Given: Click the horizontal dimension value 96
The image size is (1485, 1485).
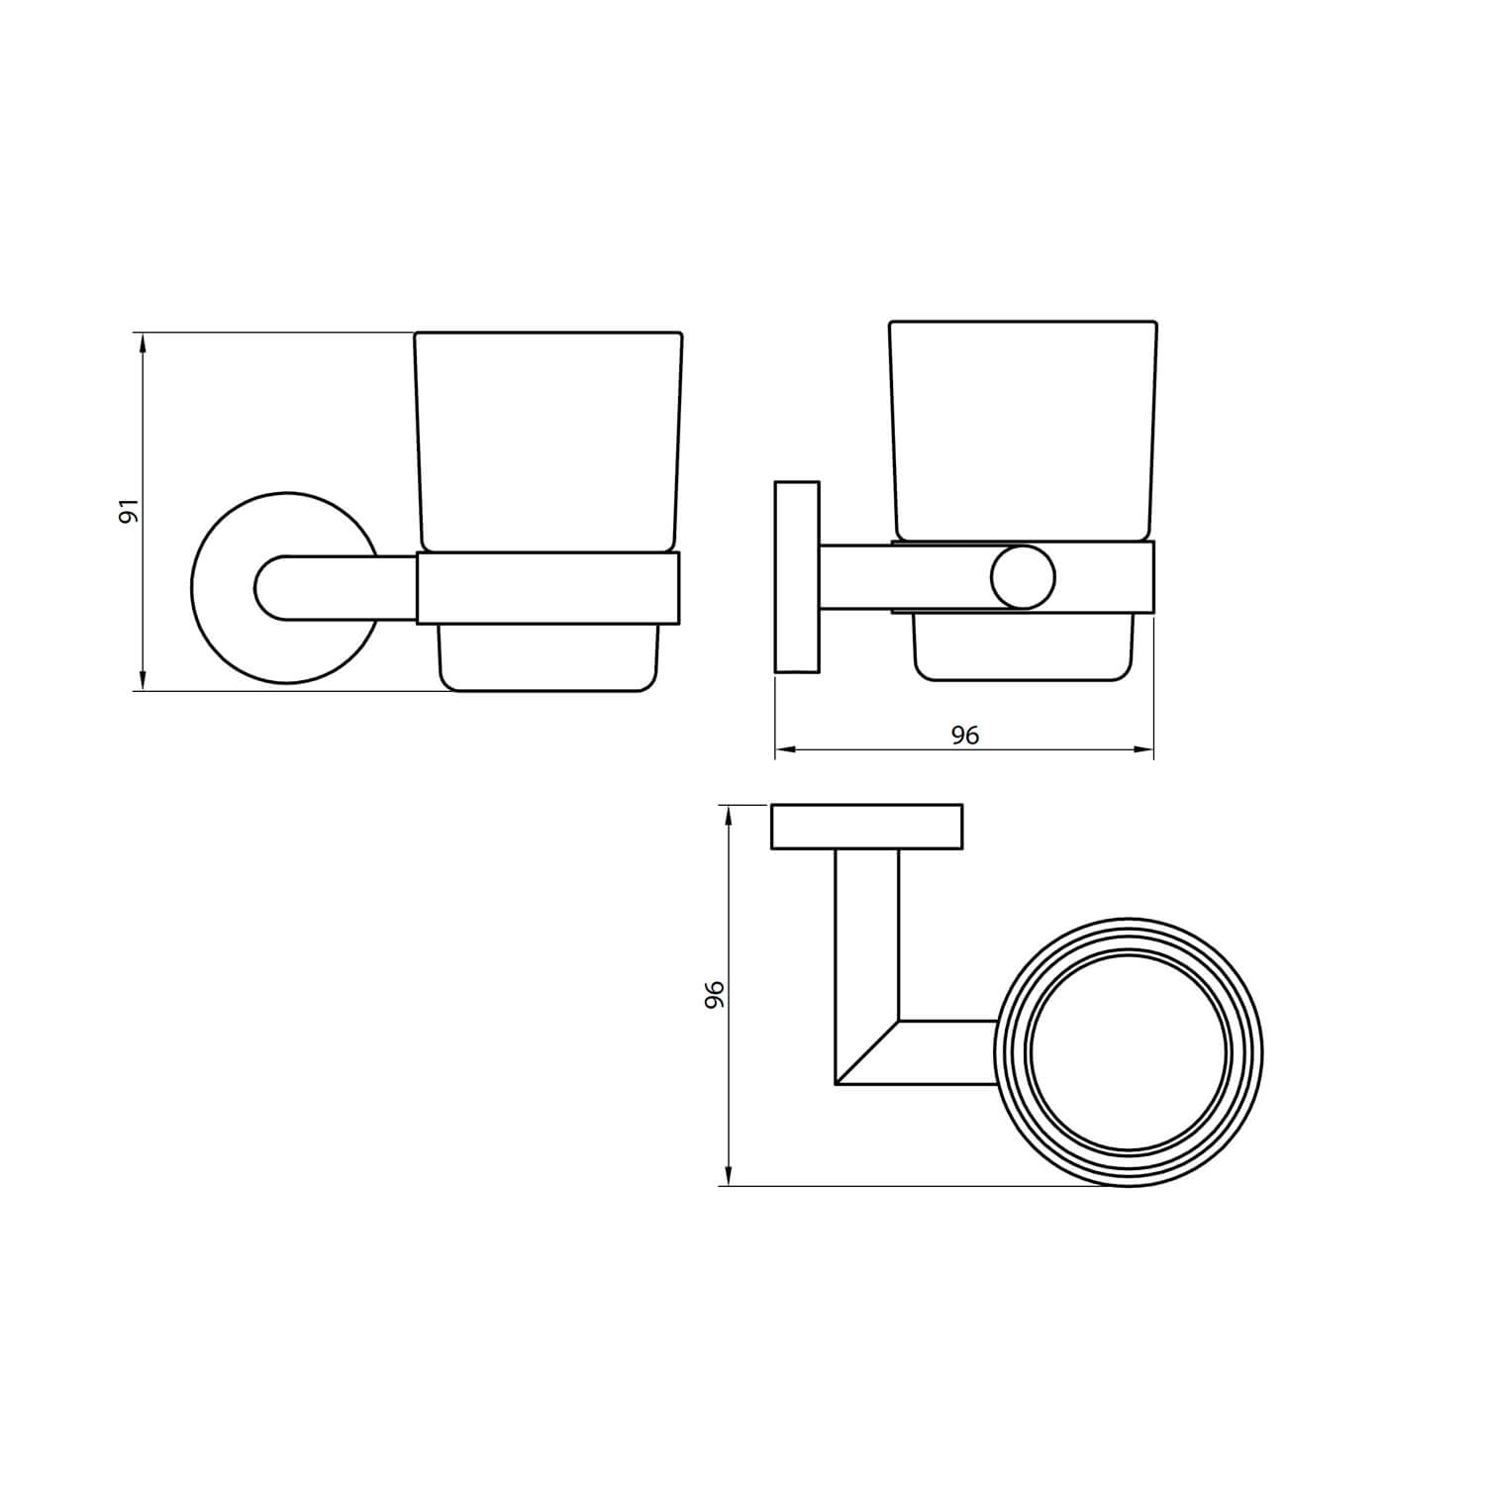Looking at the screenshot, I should (964, 735).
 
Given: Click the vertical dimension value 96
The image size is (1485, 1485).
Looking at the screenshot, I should (715, 994).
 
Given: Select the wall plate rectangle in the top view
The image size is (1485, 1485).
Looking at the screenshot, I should (866, 827).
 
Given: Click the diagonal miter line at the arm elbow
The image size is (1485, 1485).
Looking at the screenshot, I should (867, 1052).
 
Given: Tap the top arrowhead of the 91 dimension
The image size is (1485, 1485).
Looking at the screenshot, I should (144, 343).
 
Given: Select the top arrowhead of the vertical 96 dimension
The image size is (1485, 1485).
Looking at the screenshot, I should (730, 816).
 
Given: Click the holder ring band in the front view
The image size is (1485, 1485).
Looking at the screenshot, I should (547, 588).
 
